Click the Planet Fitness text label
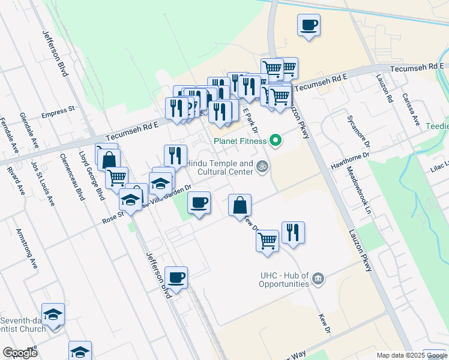240,142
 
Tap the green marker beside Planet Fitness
276,142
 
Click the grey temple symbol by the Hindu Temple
262,166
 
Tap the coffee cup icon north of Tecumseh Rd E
309,25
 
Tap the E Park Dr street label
252,123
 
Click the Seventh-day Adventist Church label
23,324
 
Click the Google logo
20,353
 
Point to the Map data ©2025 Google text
411,355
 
